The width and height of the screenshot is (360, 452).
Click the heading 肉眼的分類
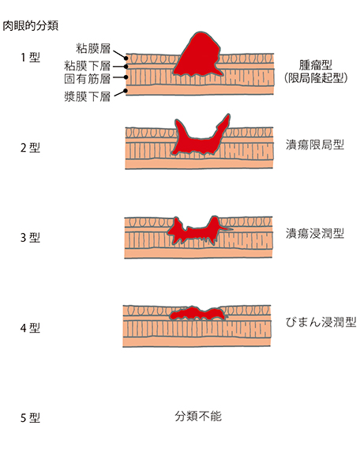31,25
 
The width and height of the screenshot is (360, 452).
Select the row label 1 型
30,58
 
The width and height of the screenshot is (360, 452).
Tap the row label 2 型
30,148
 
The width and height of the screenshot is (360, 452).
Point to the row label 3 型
30,238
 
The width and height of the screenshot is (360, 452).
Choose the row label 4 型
30,328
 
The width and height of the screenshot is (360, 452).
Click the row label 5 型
30,418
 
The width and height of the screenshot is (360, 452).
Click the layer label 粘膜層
93,48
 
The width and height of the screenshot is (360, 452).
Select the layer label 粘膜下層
88,66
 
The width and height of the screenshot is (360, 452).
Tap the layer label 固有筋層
88,78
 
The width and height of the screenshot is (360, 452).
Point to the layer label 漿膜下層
88,96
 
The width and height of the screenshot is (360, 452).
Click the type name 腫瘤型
316,65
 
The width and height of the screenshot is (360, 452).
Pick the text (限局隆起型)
316,77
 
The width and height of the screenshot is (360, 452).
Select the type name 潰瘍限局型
315,145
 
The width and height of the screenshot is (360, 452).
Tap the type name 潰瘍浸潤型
315,233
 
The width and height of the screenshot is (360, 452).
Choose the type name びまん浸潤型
321,322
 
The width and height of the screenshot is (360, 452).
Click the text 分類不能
198,416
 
